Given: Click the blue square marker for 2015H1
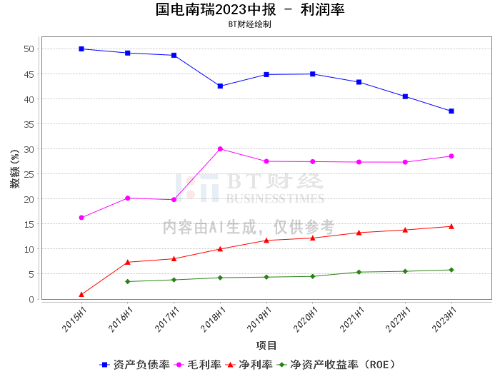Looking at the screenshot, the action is click(81, 49).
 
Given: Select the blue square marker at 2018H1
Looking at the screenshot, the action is click(220, 86).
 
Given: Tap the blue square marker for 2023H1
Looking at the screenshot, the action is click(451, 111).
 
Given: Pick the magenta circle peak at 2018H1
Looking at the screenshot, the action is click(220, 148).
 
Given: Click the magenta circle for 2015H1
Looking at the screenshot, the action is click(81, 218).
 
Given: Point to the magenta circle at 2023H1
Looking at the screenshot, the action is click(451, 156).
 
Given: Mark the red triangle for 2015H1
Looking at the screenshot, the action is click(81, 294).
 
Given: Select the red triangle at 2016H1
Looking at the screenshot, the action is click(128, 262).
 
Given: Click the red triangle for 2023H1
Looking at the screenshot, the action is click(451, 226).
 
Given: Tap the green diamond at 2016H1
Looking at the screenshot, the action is click(128, 281).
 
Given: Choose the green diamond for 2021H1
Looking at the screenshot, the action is click(359, 272).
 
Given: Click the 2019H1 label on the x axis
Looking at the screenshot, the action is click(259, 320).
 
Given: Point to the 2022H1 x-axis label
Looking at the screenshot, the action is click(398, 320).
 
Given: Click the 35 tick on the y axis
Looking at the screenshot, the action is click(29, 124).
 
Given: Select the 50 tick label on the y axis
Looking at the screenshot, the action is click(29, 49).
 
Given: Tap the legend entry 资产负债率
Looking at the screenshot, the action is click(134, 365).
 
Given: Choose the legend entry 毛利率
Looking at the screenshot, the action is click(198, 365).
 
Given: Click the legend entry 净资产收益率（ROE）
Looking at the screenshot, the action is click(336, 365).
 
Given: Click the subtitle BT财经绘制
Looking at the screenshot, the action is click(250, 24).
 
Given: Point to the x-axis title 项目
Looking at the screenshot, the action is click(266, 345).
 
